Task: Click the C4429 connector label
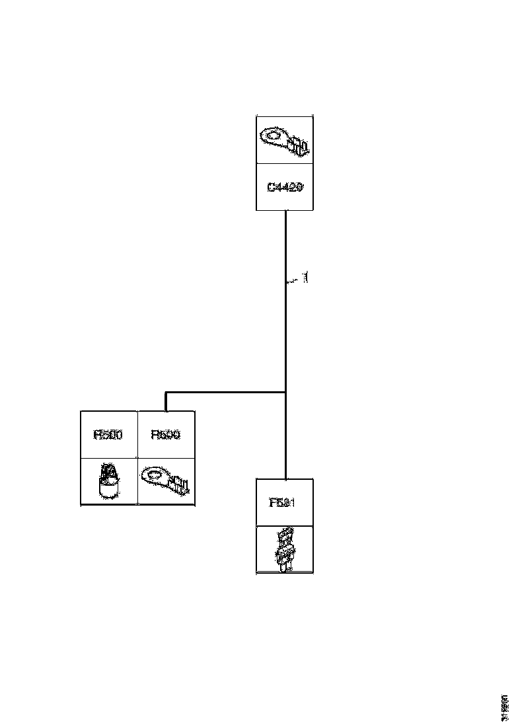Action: (285, 188)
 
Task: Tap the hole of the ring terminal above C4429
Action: (273, 136)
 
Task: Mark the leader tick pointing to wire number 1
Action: (291, 282)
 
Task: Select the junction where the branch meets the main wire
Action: (285, 393)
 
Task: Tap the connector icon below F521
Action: (285, 549)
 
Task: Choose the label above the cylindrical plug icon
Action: (109, 435)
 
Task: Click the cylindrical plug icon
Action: (108, 481)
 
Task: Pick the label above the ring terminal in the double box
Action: (166, 435)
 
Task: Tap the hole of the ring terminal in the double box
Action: (155, 475)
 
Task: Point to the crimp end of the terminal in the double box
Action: (182, 487)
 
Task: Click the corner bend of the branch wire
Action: (166, 393)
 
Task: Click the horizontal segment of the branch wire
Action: (225, 393)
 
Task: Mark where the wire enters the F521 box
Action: (285, 478)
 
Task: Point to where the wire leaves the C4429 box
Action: (285, 211)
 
